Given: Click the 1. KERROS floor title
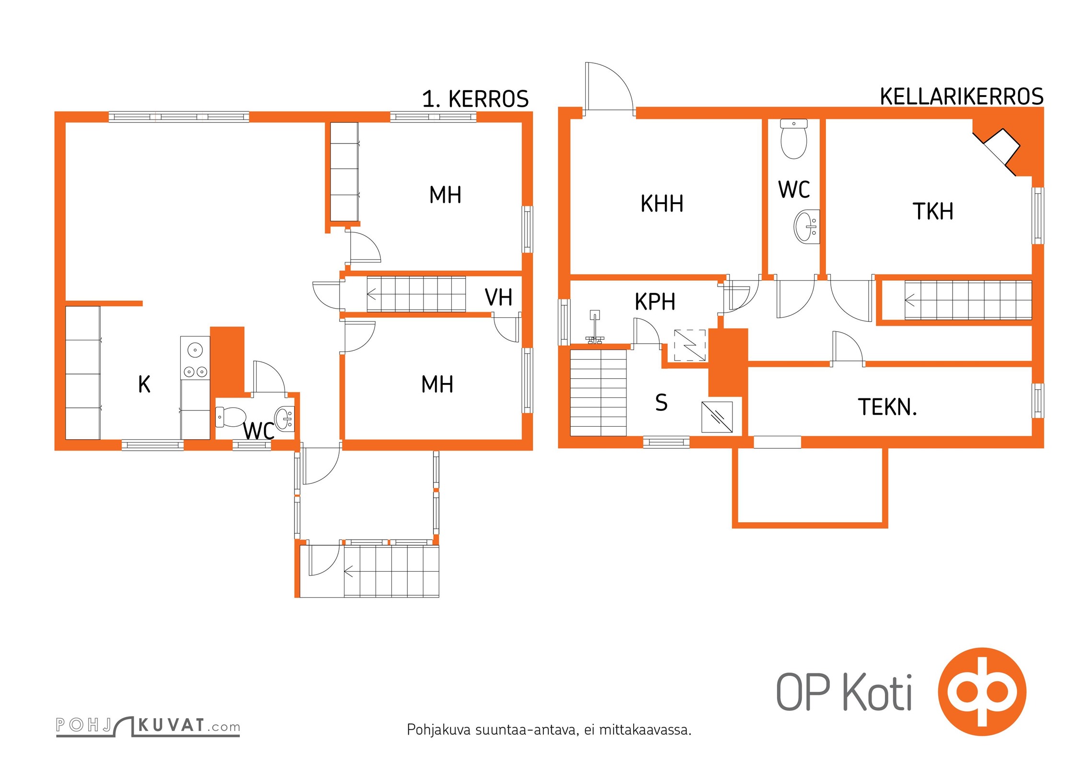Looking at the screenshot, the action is (475, 99).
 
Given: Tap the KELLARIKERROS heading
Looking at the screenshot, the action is (961, 96).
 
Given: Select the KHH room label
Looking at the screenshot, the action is (662, 204).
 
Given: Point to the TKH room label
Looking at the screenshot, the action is (932, 211).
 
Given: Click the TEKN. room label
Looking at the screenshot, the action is (887, 407).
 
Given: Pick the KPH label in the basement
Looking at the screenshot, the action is (655, 302).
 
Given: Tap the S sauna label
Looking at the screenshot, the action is (661, 402).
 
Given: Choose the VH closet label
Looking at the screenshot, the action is (498, 297).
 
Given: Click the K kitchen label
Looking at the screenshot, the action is (144, 384).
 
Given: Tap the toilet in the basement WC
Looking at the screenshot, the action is (794, 139).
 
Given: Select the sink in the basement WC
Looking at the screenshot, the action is (807, 227).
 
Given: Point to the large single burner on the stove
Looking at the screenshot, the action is (195, 350).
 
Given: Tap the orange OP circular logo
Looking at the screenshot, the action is (982, 692).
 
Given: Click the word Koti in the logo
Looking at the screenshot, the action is (877, 692).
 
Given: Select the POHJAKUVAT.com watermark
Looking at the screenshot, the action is (148, 726).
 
